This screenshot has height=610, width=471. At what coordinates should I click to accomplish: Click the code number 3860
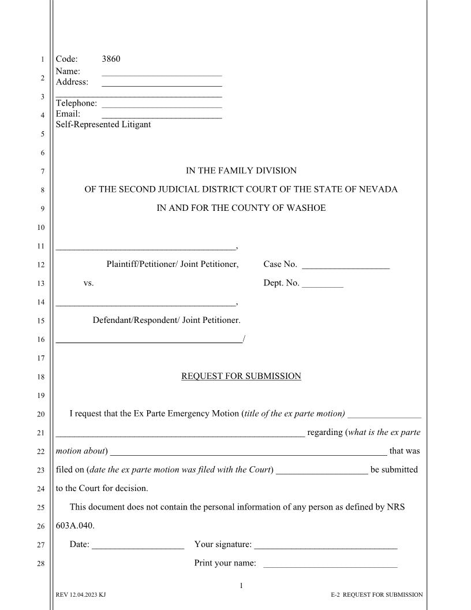click(111, 59)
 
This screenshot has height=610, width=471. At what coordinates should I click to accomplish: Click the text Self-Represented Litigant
click(103, 124)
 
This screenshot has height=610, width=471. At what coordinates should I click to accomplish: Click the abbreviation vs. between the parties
click(89, 283)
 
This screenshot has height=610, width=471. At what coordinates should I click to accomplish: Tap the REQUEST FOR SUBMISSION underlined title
click(241, 377)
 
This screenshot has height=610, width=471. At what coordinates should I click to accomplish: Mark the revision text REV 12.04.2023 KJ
click(81, 595)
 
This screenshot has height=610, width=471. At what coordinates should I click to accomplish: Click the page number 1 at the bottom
click(241, 586)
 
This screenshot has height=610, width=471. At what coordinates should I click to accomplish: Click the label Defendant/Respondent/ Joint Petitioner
click(167, 320)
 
